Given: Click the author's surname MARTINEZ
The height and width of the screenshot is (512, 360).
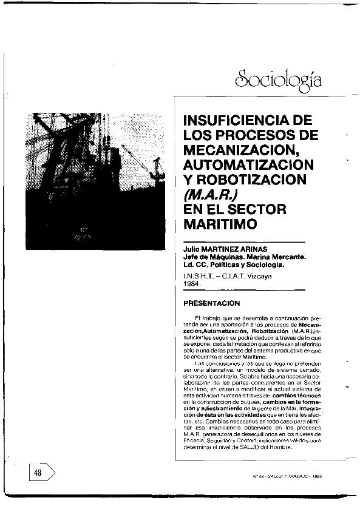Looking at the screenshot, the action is point(222,249).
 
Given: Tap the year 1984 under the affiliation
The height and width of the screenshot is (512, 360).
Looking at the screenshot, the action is point(192,283).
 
